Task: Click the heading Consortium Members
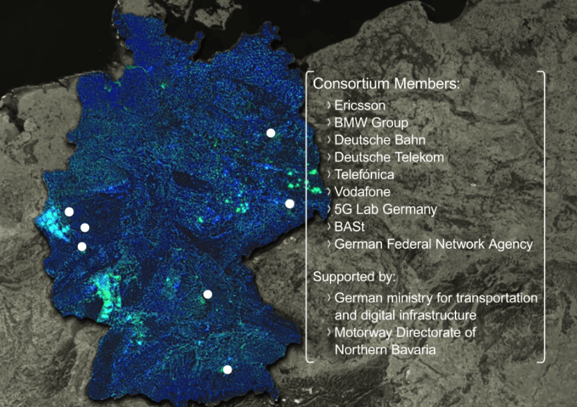tap(386, 84)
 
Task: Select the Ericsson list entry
tap(360, 106)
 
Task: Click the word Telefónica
tap(364, 175)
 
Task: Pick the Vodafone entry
tap(362, 191)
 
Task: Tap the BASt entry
tap(350, 226)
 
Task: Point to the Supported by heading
tap(354, 277)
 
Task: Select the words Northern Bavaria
tap(385, 350)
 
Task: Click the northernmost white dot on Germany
tap(271, 132)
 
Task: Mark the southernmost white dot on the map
tap(227, 370)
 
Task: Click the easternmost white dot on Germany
tap(290, 203)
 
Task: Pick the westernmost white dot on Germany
tap(69, 211)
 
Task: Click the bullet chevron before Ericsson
tap(328, 105)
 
